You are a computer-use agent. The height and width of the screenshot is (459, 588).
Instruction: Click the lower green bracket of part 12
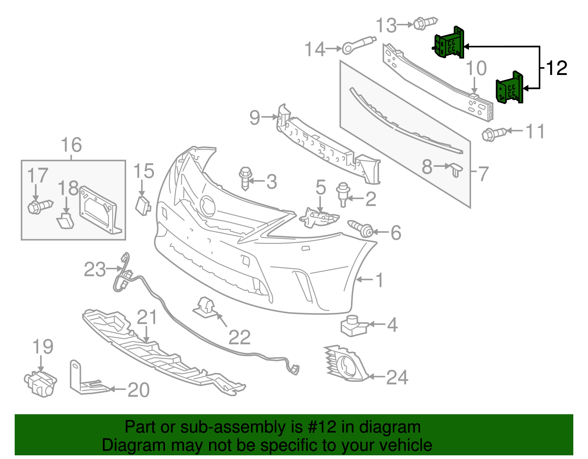pos(510,89)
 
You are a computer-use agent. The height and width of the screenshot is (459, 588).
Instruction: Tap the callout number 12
pos(557,68)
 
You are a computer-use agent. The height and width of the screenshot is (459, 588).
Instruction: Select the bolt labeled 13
pos(424,23)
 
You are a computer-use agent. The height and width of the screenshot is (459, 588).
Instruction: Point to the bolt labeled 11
pos(494,134)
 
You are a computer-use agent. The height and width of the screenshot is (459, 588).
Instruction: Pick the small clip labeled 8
pos(456,170)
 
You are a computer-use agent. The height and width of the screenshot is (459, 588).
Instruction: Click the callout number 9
pos(255,118)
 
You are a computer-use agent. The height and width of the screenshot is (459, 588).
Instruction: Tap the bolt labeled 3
pos(245,178)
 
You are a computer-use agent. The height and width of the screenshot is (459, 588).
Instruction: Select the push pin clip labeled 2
pos(343,194)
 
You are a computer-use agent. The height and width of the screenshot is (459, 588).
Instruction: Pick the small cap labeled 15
pos(143,205)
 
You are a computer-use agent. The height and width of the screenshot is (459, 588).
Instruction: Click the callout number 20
pos(139,390)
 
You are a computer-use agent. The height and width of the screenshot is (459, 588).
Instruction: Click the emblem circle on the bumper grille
pos(208,205)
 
